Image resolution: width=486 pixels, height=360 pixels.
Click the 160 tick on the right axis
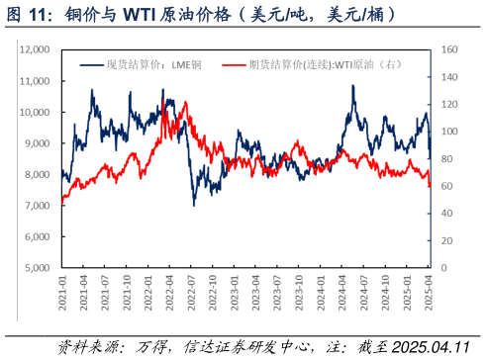point(448,49)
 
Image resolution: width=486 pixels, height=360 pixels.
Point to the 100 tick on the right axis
point(448,132)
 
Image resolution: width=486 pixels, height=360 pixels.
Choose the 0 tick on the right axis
point(443,268)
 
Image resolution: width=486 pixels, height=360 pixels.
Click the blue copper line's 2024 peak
point(353,86)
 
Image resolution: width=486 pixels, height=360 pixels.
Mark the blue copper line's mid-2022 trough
point(194,204)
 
